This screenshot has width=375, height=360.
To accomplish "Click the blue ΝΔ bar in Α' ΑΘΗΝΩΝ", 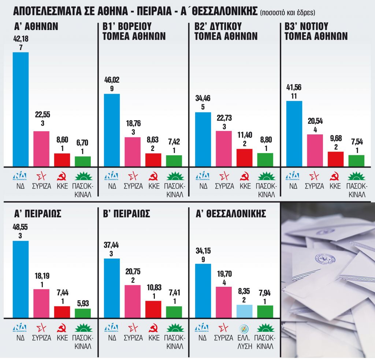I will tap(21, 109).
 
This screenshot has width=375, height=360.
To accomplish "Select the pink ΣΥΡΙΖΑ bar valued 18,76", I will tap(133, 152).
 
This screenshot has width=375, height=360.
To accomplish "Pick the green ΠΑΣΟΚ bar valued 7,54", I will tap(356, 160).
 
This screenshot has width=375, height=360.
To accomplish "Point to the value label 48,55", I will tap(21, 227).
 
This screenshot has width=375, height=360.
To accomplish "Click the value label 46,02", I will tap(112, 80).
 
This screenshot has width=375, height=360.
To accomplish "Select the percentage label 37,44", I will tap(112, 245).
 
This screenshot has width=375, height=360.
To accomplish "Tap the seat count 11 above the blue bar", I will tap(294, 96).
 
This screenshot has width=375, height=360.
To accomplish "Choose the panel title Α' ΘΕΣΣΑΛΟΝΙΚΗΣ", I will tap(230, 214).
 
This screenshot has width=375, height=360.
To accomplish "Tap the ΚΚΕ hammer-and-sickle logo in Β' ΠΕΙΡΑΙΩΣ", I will tap(153, 327).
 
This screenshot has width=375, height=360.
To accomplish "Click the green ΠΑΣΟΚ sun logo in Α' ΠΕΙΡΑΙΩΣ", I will tap(83, 327).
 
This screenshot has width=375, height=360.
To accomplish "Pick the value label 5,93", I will tap(83, 303).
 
